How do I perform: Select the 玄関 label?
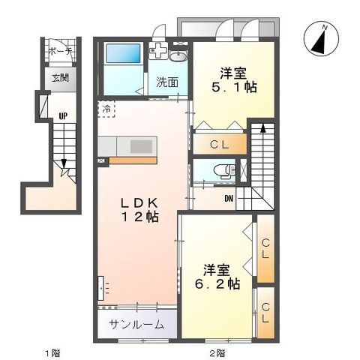pyautogui.click(x=60, y=77)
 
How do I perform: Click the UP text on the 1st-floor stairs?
pyautogui.click(x=63, y=115)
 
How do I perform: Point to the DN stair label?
pyautogui.click(x=229, y=199)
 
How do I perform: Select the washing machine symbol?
pyautogui.click(x=158, y=52)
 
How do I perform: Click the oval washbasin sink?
pyautogui.click(x=178, y=57)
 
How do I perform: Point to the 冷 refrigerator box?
pyautogui.click(x=106, y=109)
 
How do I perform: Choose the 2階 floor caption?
pyautogui.click(x=216, y=352)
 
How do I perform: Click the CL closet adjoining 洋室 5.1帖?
pyautogui.click(x=220, y=142)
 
